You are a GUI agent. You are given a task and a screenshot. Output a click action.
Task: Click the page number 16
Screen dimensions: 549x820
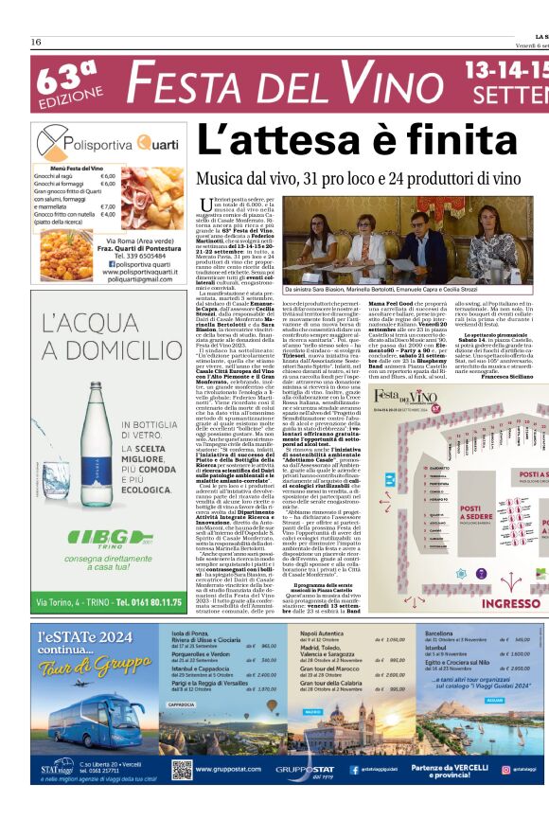(x=35, y=42)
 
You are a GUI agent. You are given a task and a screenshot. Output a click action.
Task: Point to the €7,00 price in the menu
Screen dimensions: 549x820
(x=107, y=206)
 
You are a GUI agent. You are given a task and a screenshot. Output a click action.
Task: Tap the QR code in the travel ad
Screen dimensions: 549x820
(x=182, y=768)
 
